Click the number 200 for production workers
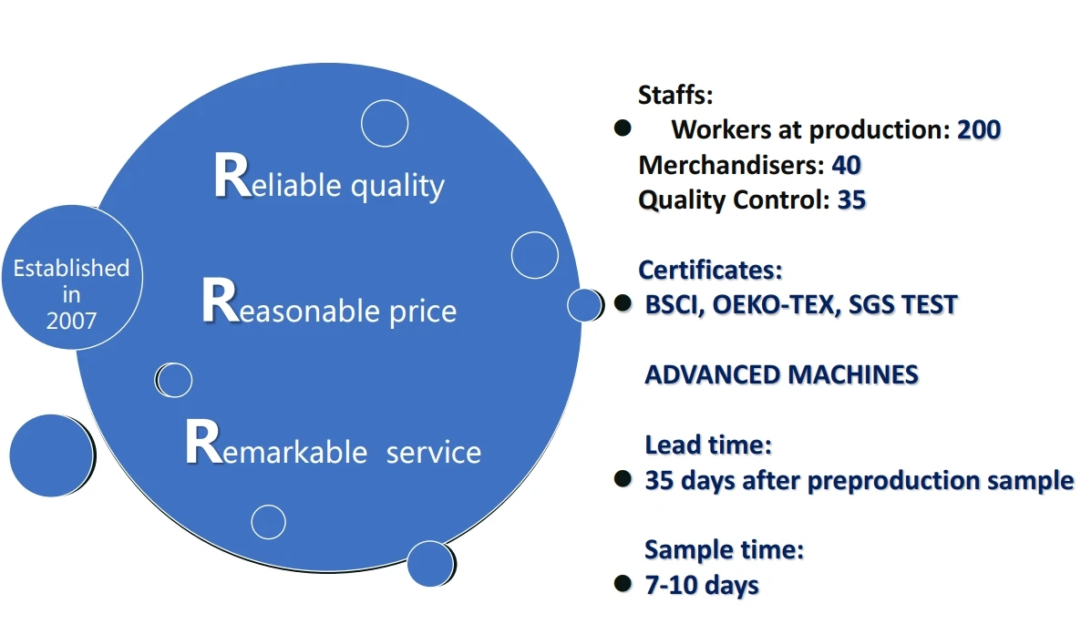tap(979, 129)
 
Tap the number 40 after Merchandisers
tap(847, 165)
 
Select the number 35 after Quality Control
tap(851, 199)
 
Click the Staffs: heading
tap(675, 95)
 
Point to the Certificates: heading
tap(711, 270)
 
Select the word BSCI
tap(674, 304)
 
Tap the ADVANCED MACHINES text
tap(782, 374)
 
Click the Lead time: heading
tap(709, 445)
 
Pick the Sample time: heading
tap(725, 549)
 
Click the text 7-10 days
tap(702, 585)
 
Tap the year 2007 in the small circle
tap(72, 321)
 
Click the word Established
tap(72, 268)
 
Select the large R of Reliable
tap(232, 176)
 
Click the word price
tap(423, 312)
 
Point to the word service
tap(434, 453)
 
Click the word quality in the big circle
tap(397, 187)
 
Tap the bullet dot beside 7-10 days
tap(623, 584)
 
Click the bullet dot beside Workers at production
tap(623, 128)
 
